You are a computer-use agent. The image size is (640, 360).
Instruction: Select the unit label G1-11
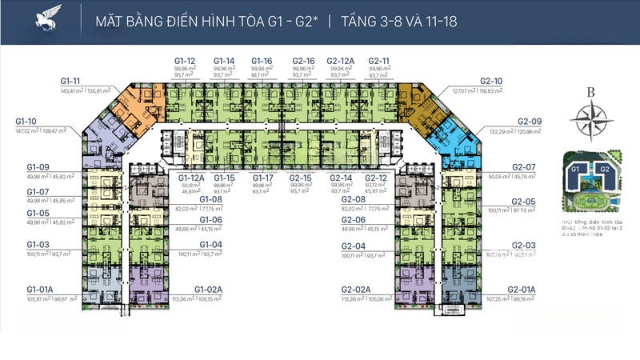tap(71, 82)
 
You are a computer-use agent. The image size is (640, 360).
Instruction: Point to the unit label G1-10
tap(27, 121)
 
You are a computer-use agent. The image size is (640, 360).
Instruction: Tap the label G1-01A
tap(41, 289)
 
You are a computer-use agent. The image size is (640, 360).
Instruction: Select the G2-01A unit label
tap(521, 289)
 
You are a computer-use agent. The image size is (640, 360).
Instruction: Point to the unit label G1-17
tap(262, 178)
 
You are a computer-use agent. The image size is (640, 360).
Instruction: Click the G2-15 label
tap(301, 178)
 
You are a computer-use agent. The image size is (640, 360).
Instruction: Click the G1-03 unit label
tap(38, 244)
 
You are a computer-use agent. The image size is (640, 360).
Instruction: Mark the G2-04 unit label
tap(354, 246)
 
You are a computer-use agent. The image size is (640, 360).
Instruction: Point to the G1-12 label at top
tap(185, 61)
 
